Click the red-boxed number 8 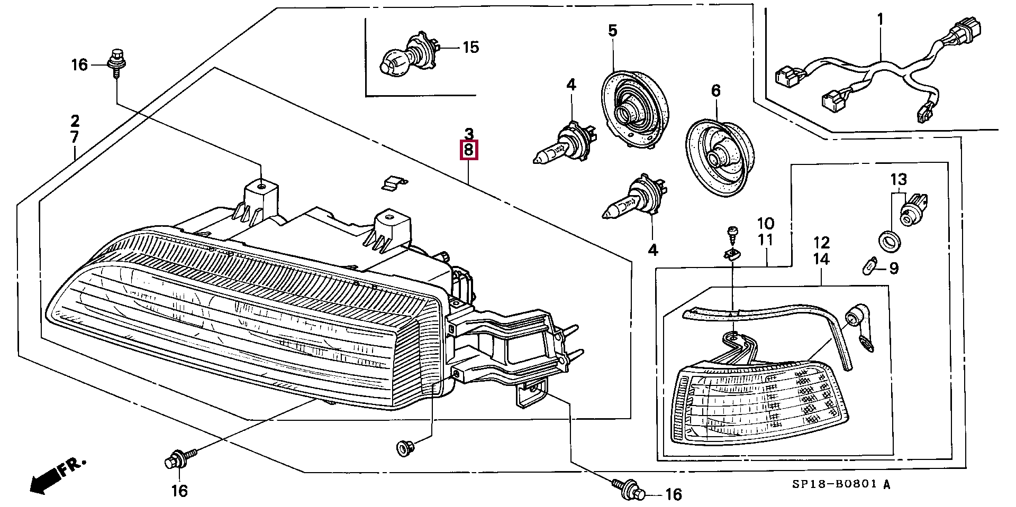[469, 150]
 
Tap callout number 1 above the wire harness [880, 20]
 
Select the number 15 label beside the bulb [470, 48]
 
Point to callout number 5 [612, 31]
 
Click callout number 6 [715, 91]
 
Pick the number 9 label [893, 269]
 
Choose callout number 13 [899, 180]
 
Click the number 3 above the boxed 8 [469, 133]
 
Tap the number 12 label [822, 243]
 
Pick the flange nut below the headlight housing [405, 449]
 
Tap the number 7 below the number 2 [75, 137]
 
